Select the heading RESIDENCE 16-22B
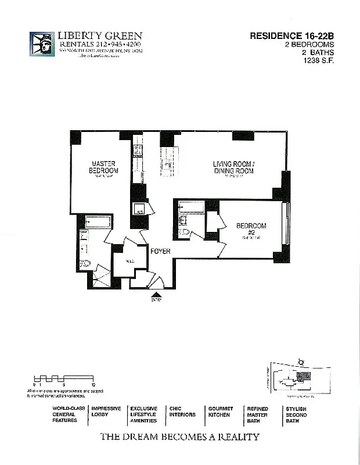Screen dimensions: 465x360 coord(292,35)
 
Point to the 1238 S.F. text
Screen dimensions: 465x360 coord(320,60)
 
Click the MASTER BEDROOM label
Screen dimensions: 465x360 coord(103,167)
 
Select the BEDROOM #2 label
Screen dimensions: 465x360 coord(251,228)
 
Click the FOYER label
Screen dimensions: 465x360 coord(160,252)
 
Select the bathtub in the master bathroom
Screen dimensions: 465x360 coord(95,221)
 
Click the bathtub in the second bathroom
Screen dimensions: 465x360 coord(191,206)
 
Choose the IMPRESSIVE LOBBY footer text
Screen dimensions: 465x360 coord(106,412)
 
